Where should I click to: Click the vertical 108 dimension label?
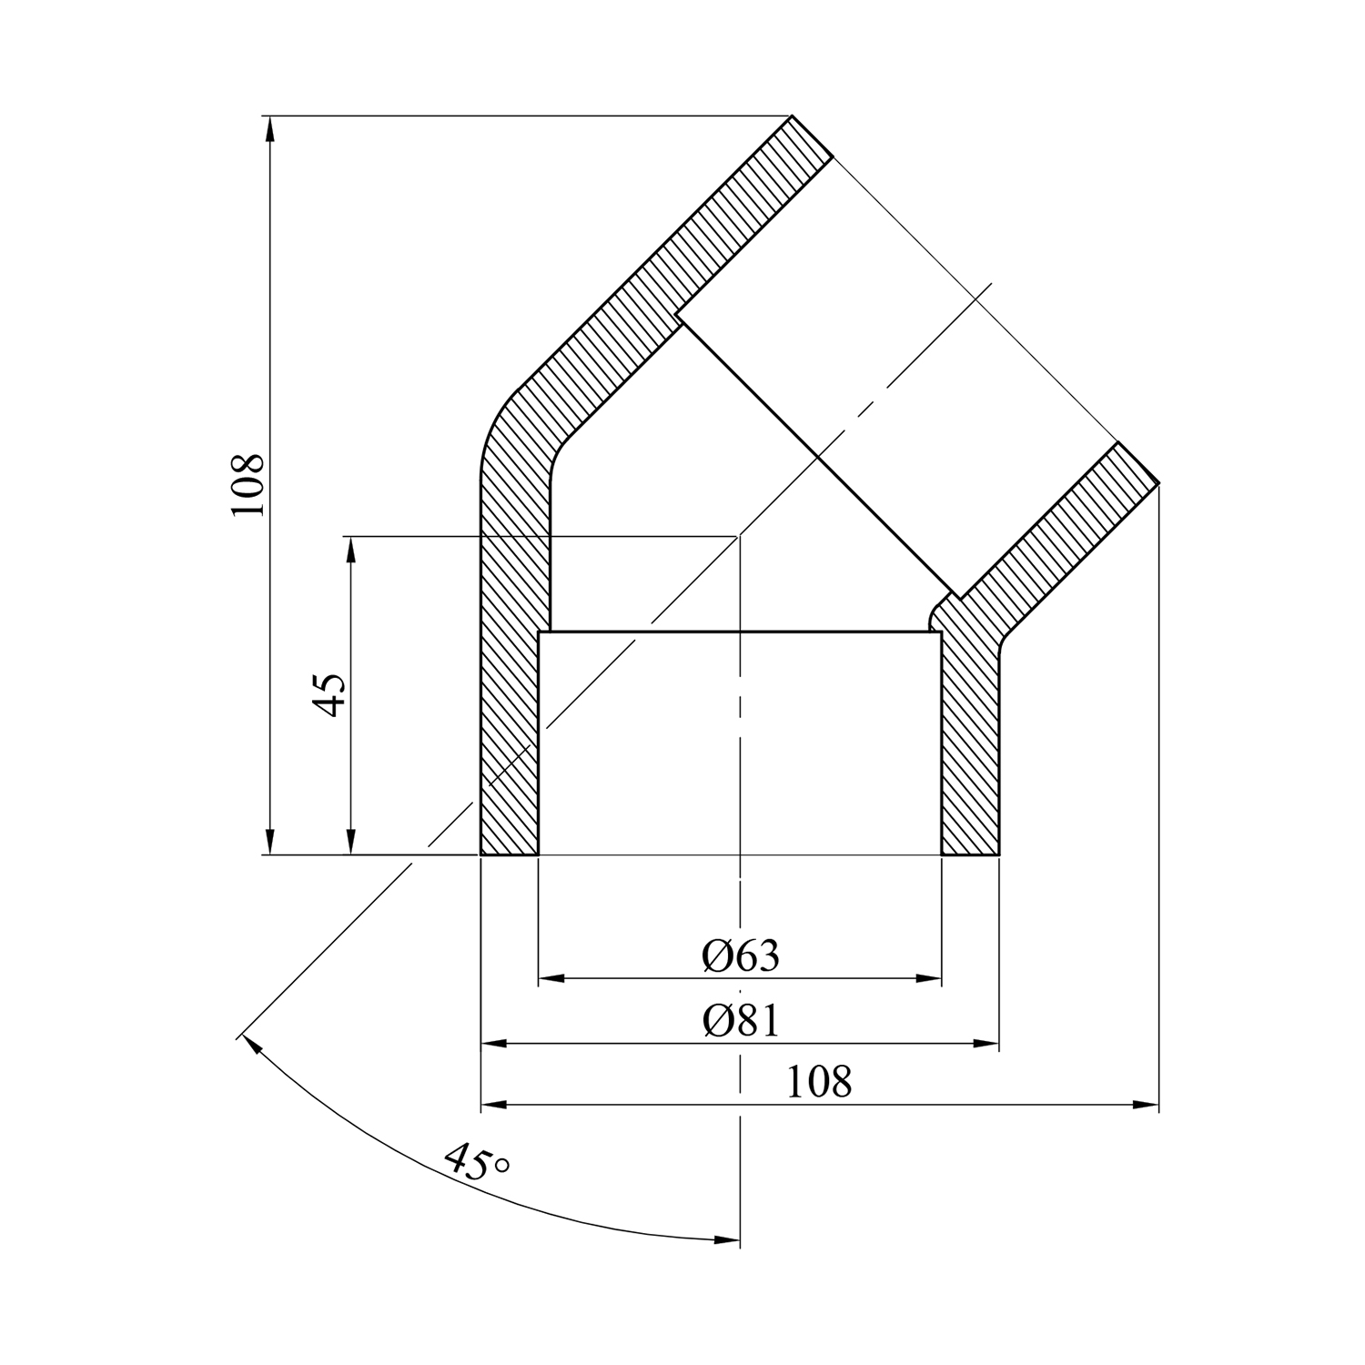point(248,484)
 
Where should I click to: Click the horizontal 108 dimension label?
point(819,1082)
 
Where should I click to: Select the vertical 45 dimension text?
point(329,695)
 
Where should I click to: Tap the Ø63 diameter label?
point(741,955)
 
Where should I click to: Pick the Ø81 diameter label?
point(741,1021)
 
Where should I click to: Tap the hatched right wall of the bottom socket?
point(970,742)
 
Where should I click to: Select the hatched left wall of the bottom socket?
point(510,692)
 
